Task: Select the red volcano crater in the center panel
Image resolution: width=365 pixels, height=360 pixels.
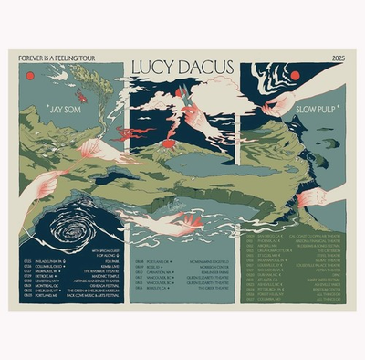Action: click(x=182, y=91)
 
